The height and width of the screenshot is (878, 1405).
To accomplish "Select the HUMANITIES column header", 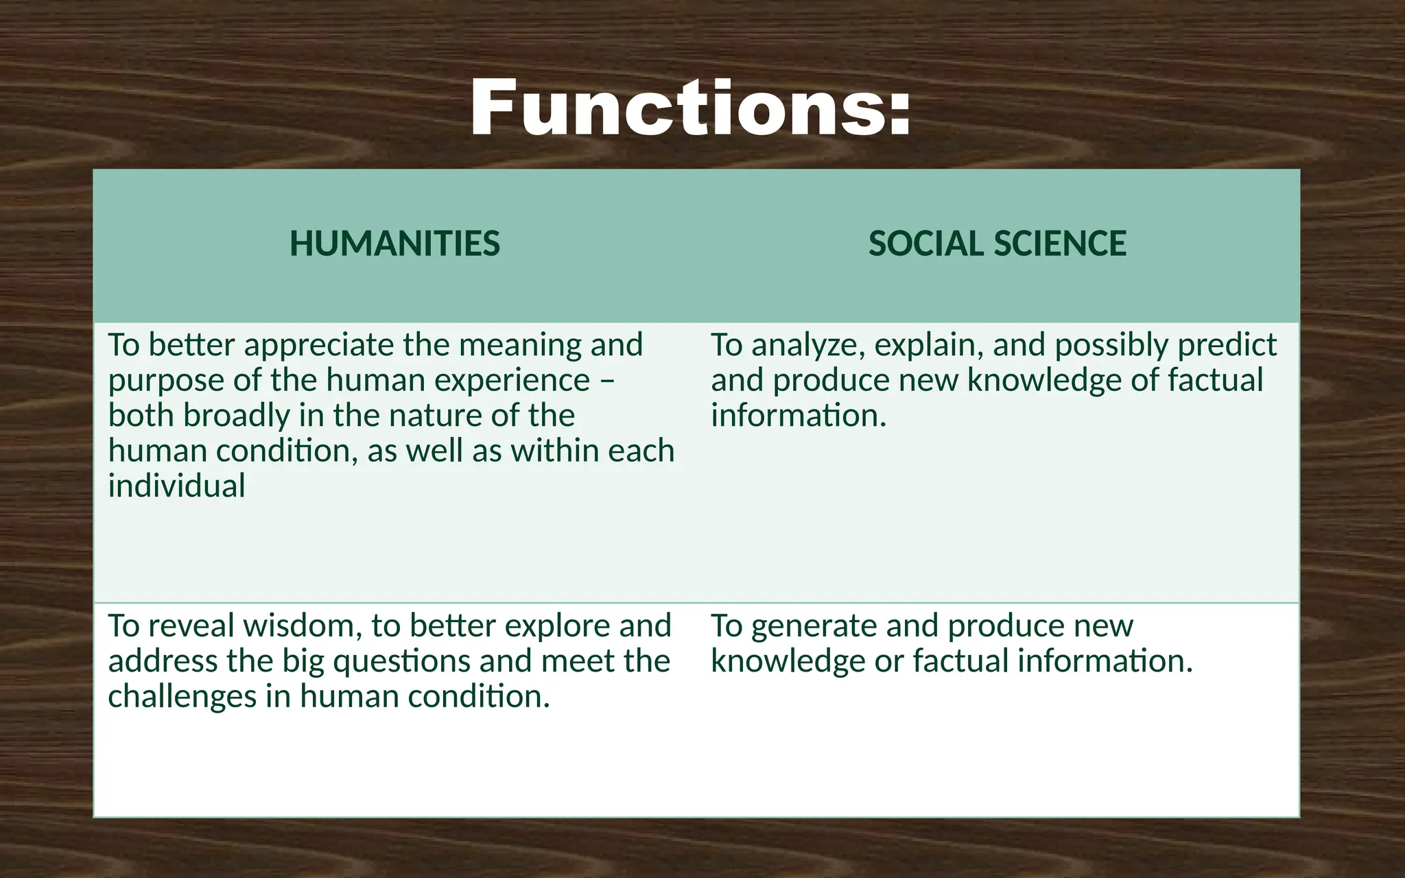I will pyautogui.click(x=394, y=244).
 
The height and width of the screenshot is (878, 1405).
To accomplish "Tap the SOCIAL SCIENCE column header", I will pyautogui.click(x=997, y=244).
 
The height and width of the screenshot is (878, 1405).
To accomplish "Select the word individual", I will pyautogui.click(x=176, y=486).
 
